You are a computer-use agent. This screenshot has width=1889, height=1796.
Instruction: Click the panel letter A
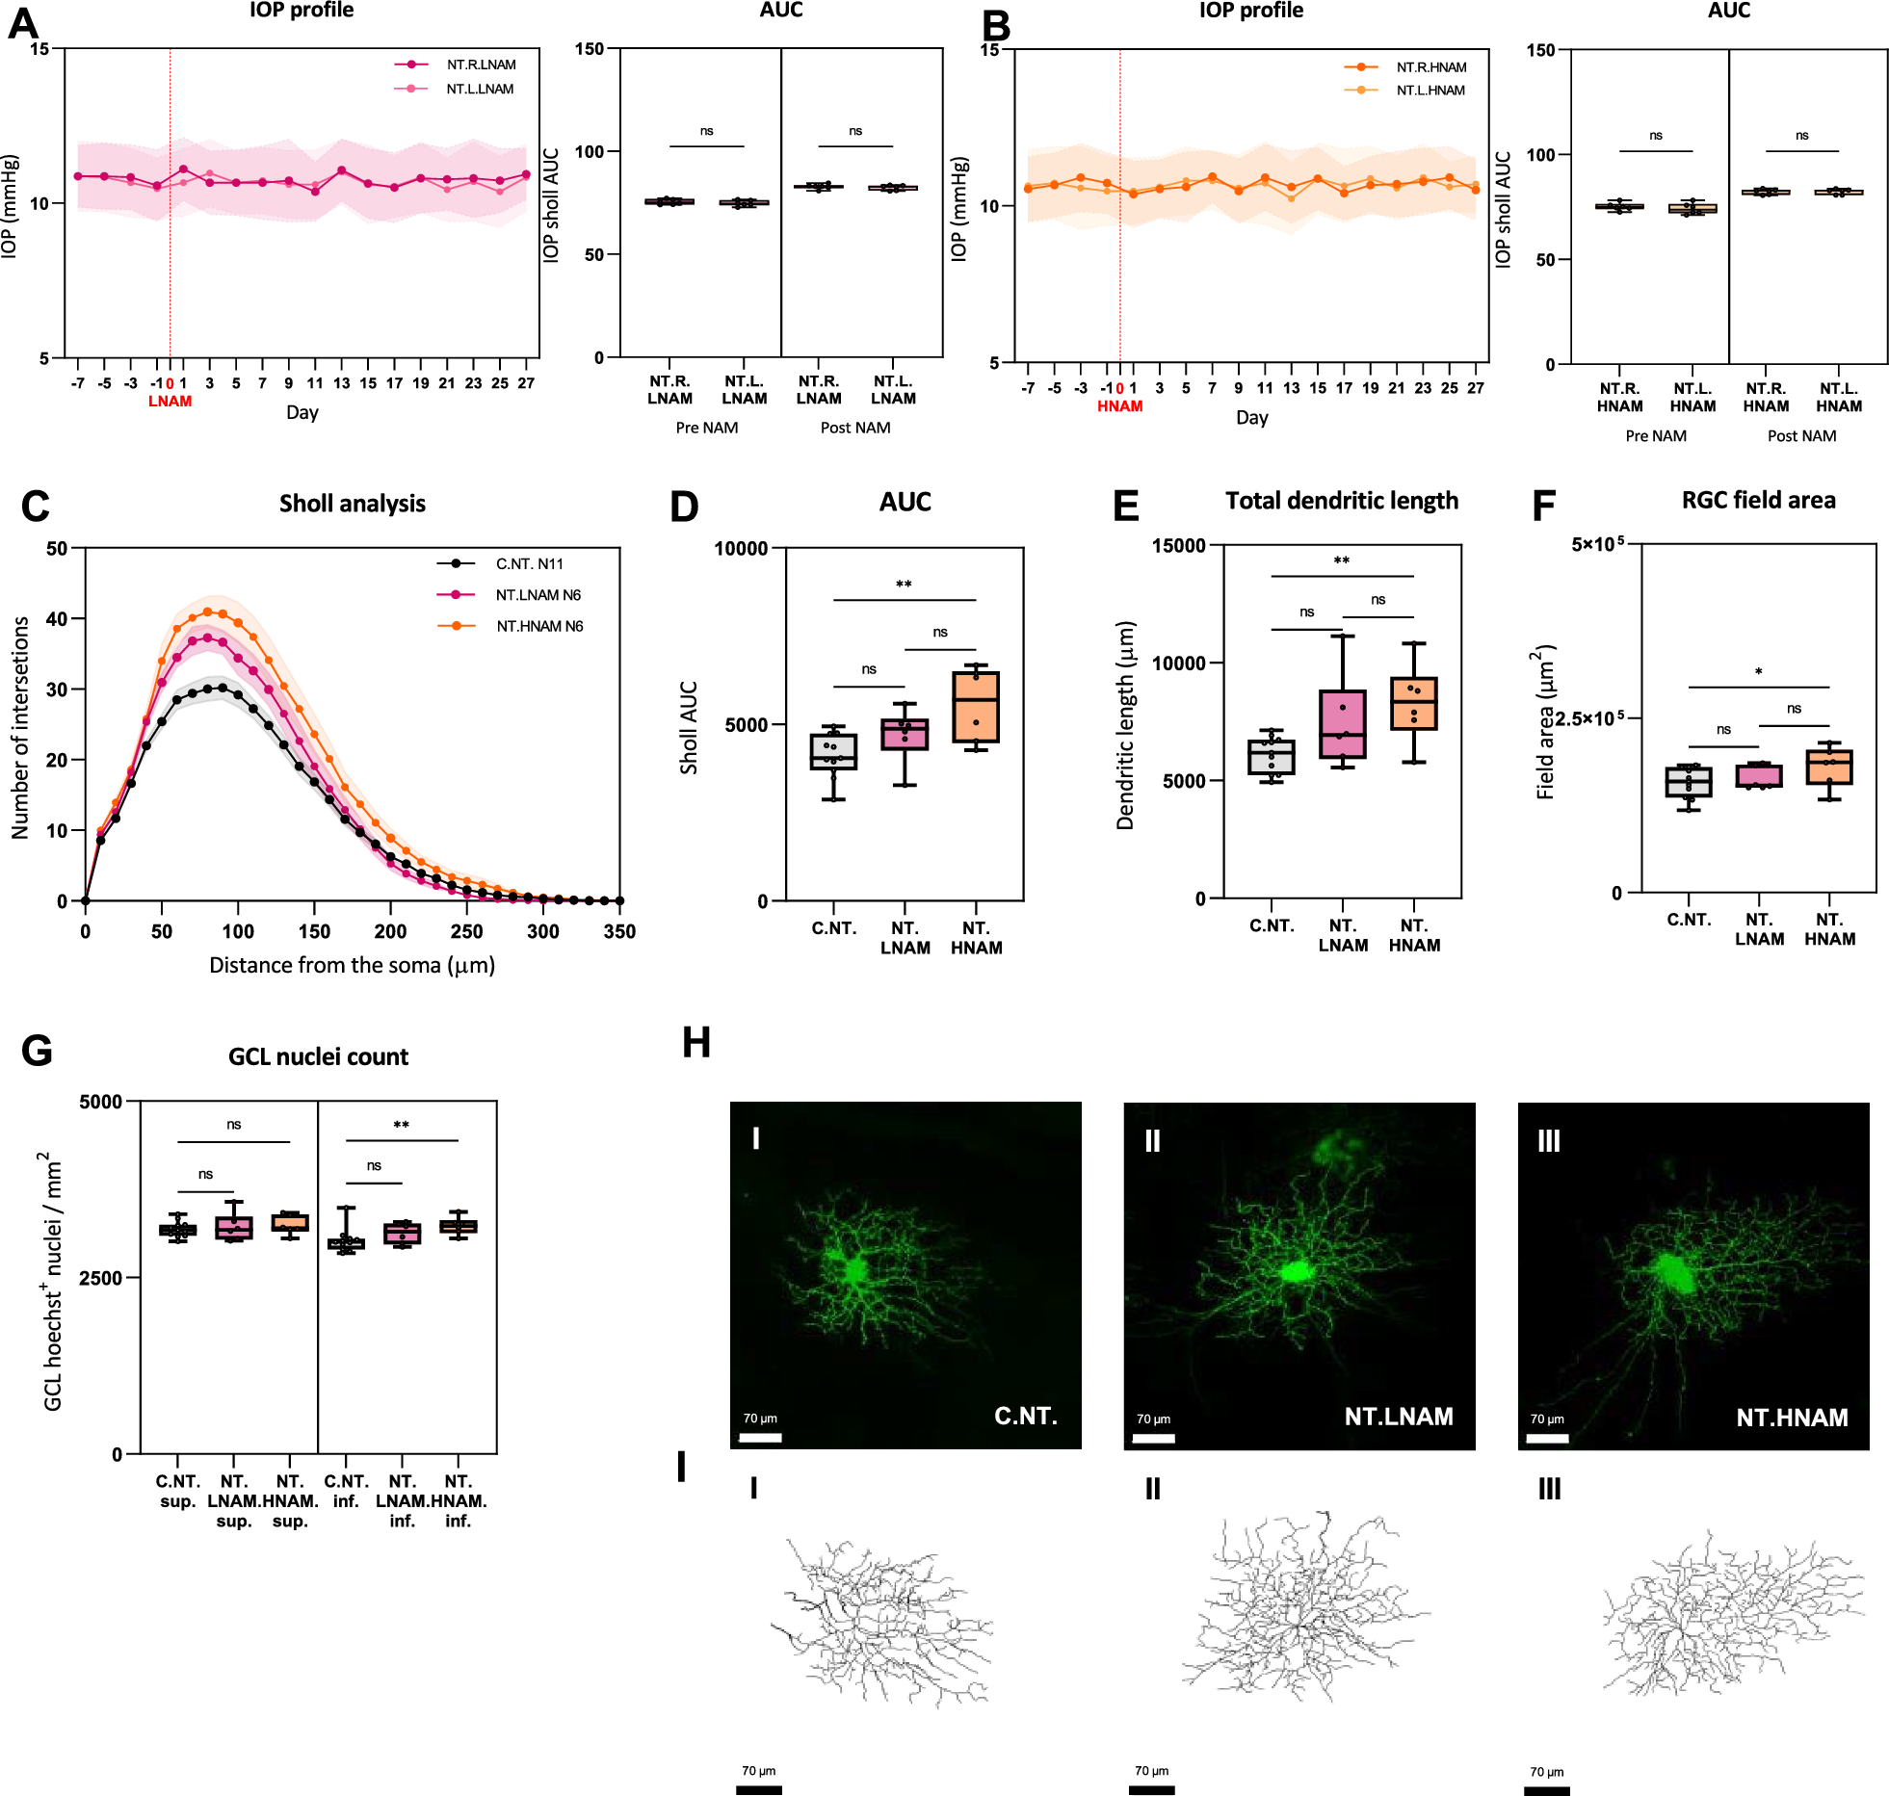coord(22,23)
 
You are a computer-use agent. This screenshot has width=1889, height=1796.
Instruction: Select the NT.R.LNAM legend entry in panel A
coord(480,65)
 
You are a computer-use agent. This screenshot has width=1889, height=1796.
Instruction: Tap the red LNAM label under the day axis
coord(170,402)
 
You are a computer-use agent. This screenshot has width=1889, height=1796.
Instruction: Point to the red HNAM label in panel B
coord(1119,406)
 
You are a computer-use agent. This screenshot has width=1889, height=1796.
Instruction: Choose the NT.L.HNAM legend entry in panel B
coord(1430,91)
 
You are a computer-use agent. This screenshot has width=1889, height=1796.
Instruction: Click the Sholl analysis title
coord(352,504)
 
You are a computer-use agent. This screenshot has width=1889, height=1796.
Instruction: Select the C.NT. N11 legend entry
coord(528,563)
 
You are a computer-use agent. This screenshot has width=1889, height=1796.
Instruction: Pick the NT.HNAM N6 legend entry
coord(538,626)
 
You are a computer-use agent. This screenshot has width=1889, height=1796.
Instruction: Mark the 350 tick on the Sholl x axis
coord(619,931)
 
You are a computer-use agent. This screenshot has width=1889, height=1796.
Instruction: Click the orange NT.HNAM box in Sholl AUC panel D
coord(976,707)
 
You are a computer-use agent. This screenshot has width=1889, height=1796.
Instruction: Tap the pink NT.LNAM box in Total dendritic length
coord(1343,724)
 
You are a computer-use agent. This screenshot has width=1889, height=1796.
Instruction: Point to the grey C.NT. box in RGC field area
coord(1689,781)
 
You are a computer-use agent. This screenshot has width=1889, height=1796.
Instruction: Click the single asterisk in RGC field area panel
coord(1758,672)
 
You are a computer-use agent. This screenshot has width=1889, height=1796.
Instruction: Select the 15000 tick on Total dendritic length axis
coord(1179,545)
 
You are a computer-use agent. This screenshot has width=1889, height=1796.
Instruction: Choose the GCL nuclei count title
coord(318,1056)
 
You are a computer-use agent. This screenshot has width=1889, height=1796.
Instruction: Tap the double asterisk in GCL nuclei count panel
coord(401,1125)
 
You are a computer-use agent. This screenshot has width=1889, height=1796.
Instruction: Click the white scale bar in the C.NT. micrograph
coord(760,1438)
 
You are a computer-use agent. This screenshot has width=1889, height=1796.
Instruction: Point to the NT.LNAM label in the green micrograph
coord(1398,1417)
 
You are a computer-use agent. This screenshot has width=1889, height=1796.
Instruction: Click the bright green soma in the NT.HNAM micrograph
coord(1676,1273)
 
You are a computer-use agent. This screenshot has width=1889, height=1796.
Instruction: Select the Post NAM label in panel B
coord(1801,436)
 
